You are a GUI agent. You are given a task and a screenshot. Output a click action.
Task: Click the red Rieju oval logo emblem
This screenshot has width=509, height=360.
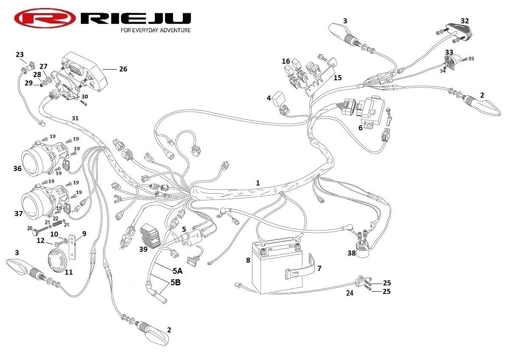coord(45,19)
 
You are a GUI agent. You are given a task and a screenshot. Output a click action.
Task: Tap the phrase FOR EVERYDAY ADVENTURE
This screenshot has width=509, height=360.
coord(156,31)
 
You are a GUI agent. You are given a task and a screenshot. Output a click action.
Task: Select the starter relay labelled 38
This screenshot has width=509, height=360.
coord(363,248)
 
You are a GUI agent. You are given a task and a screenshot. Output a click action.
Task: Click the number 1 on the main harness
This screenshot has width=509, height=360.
coord(257,183)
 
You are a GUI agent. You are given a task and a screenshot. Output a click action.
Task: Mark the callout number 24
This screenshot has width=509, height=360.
coord(349,292)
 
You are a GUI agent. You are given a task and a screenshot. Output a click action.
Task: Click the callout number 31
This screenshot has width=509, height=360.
coord(75,118)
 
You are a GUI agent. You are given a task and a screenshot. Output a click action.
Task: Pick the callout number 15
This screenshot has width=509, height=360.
coord(338,78)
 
